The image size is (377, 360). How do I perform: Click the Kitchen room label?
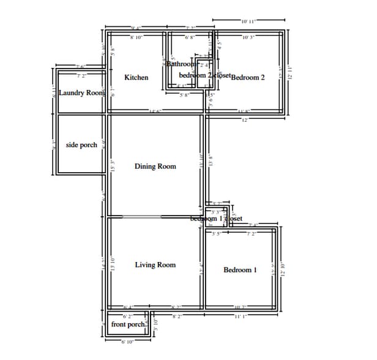(136, 78)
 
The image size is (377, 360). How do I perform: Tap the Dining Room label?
(155, 167)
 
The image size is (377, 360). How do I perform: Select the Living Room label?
(155, 265)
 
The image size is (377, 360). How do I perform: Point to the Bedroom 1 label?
(240, 270)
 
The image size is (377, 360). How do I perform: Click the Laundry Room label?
(82, 93)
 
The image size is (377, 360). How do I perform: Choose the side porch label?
(81, 145)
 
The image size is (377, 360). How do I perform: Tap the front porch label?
(127, 324)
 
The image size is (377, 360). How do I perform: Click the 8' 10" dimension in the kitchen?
(136, 38)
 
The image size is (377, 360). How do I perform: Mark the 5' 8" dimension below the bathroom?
(184, 96)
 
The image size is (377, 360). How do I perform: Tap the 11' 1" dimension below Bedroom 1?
(241, 317)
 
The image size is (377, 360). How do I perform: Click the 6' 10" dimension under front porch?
(127, 341)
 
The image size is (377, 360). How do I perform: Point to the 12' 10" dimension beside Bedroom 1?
(283, 269)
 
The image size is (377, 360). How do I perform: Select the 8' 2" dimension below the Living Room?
(177, 317)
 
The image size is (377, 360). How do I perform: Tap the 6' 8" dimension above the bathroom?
(190, 38)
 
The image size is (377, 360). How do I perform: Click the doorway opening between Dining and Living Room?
(135, 216)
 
